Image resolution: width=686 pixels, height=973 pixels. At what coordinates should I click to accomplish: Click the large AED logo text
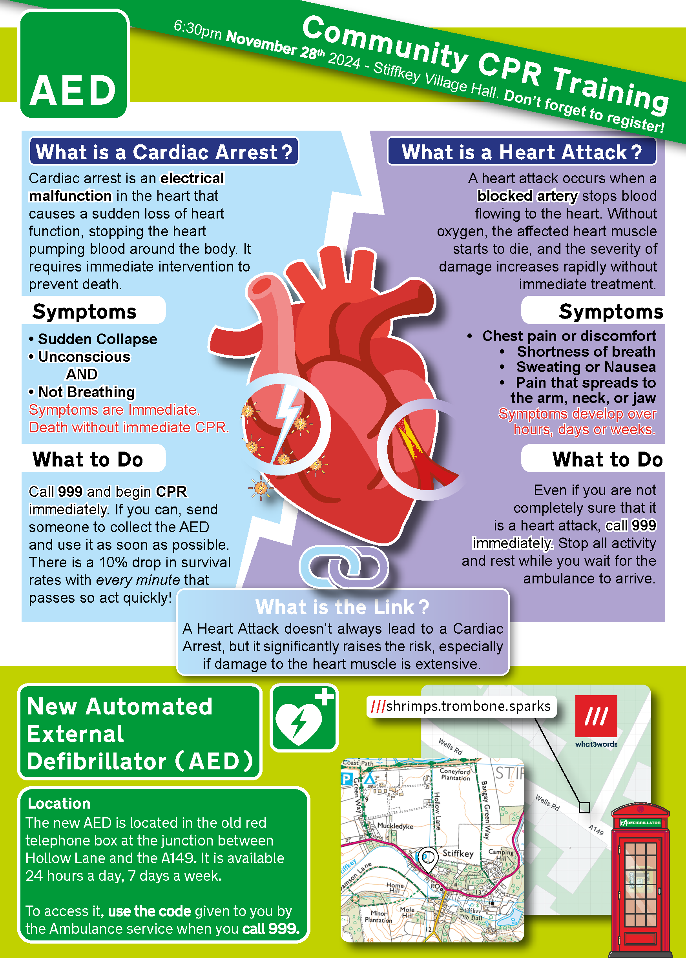click(x=73, y=90)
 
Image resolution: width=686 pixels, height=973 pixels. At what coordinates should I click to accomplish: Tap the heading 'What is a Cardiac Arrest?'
click(x=164, y=152)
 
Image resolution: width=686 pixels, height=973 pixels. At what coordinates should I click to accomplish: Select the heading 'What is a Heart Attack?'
click(x=522, y=152)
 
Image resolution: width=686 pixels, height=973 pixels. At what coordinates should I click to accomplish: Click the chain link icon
click(x=343, y=566)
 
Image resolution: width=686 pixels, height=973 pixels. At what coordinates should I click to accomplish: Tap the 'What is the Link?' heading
click(x=342, y=607)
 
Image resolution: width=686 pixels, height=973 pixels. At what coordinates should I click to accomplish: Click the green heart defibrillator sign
click(x=304, y=718)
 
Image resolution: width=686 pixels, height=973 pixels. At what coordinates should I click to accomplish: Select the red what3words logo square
click(x=596, y=716)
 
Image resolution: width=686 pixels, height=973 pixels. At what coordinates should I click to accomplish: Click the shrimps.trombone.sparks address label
click(x=461, y=707)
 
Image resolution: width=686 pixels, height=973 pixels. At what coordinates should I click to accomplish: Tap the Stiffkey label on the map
click(x=458, y=853)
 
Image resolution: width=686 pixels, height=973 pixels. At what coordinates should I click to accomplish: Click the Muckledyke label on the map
click(x=395, y=826)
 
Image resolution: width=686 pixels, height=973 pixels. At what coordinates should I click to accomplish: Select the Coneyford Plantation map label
click(x=455, y=774)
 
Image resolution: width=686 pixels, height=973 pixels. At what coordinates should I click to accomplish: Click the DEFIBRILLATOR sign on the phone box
click(x=640, y=823)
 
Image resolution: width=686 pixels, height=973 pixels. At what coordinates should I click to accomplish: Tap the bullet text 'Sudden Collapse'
click(x=97, y=339)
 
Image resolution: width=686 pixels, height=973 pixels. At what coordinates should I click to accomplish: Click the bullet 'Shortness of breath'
click(x=586, y=351)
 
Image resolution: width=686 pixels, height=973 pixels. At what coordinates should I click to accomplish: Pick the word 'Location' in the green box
click(x=59, y=803)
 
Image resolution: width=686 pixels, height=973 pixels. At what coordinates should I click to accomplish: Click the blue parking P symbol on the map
click(x=347, y=779)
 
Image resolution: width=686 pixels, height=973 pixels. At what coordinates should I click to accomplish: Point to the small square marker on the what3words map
click(x=584, y=807)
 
